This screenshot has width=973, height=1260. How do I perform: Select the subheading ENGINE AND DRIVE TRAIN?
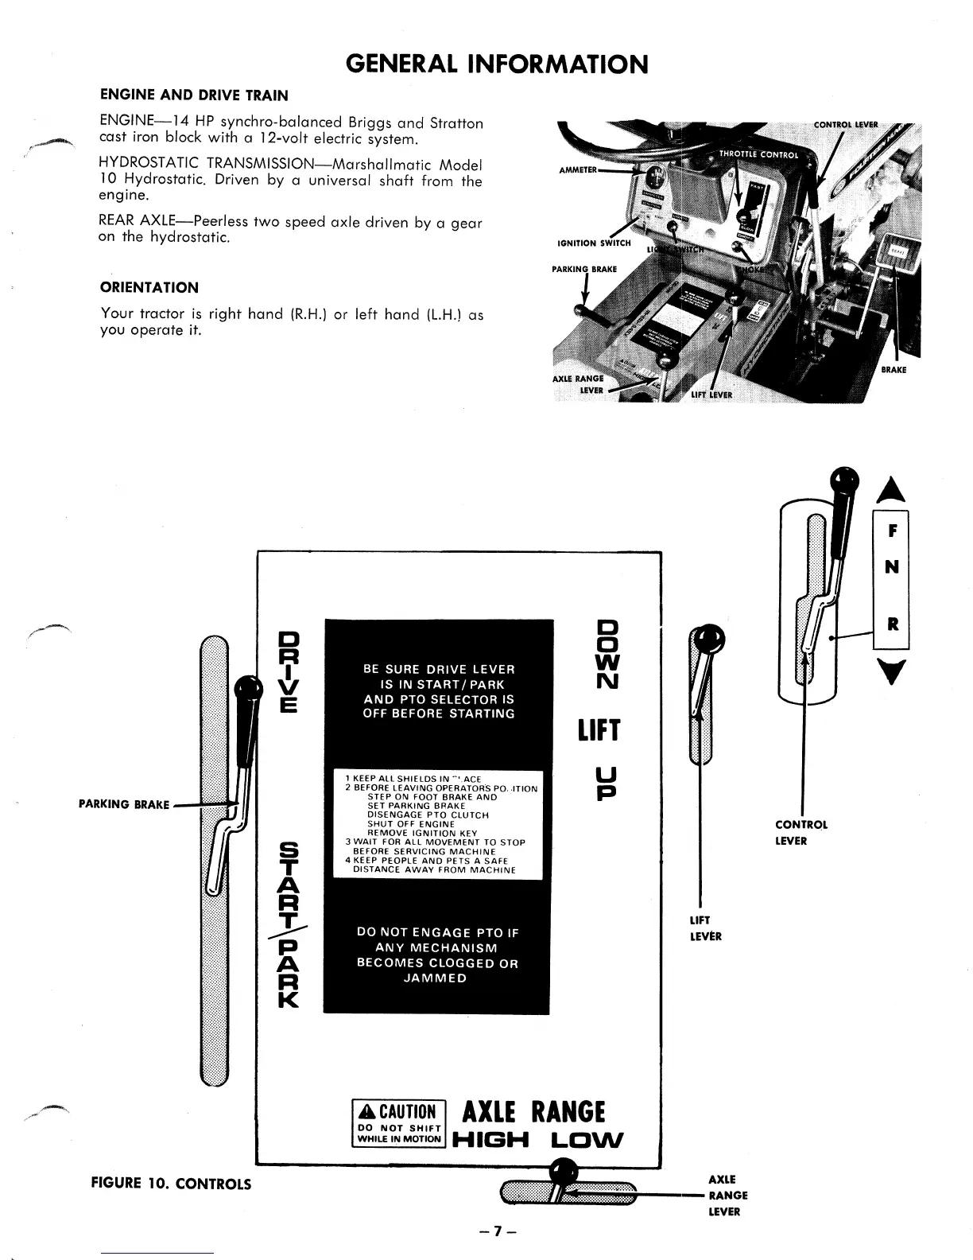[x=194, y=95]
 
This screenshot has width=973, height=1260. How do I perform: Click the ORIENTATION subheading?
[x=149, y=287]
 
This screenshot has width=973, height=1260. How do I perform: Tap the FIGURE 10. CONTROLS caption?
[x=172, y=1184]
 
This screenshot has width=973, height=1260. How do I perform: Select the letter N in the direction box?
[x=892, y=566]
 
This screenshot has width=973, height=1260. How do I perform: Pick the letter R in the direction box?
[x=892, y=624]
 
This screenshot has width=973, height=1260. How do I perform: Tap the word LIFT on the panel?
[x=599, y=730]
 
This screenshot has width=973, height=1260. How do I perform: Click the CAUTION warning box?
[x=398, y=1122]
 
